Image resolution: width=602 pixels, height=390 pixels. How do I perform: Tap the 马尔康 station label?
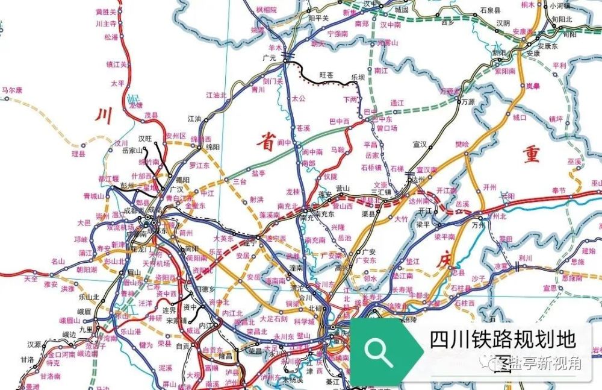pos(12,90)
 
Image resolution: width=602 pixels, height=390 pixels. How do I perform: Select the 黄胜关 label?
pos(107,11)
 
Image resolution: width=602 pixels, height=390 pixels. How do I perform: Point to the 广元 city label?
pos(269,58)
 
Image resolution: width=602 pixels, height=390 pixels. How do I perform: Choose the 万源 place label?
pos(468,102)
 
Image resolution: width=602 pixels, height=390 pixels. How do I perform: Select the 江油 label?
pos(194,119)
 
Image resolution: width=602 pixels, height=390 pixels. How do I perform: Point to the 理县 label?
pos(79,154)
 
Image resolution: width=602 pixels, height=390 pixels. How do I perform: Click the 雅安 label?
pos(50,283)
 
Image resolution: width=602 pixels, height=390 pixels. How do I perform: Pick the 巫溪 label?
pos(575,162)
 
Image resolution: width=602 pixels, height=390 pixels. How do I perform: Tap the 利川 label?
pos(526,257)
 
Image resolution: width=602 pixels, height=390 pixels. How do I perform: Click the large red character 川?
pos(104,115)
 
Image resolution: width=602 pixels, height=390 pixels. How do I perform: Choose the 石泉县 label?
pos(490,10)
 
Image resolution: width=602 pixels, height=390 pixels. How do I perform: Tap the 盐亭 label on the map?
pos(258,173)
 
